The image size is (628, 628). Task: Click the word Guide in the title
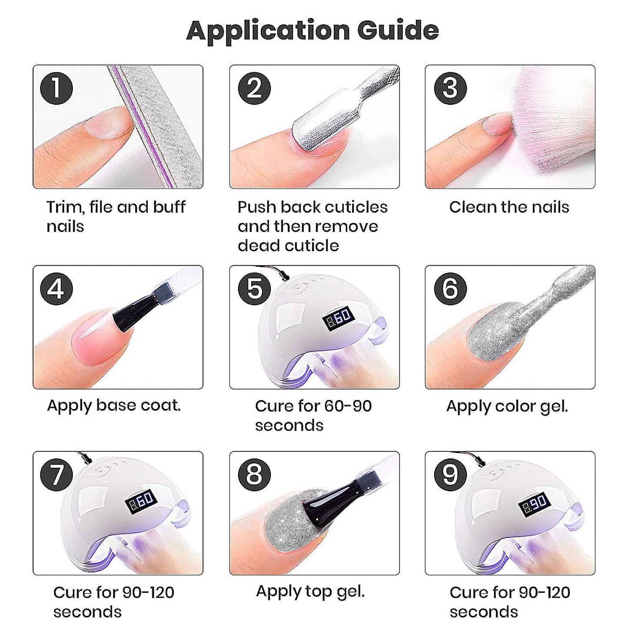(398, 31)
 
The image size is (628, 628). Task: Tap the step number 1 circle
(56, 88)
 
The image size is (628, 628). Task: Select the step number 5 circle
(254, 289)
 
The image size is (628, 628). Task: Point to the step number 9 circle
(450, 475)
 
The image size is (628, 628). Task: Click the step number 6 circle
(450, 289)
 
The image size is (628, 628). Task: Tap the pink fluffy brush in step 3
(551, 124)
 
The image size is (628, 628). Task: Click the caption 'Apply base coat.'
(114, 406)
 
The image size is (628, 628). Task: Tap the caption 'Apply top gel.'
(310, 591)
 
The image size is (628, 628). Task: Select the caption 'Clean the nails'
(509, 207)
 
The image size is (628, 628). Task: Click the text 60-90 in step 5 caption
(348, 406)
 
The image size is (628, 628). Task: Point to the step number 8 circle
(254, 475)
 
